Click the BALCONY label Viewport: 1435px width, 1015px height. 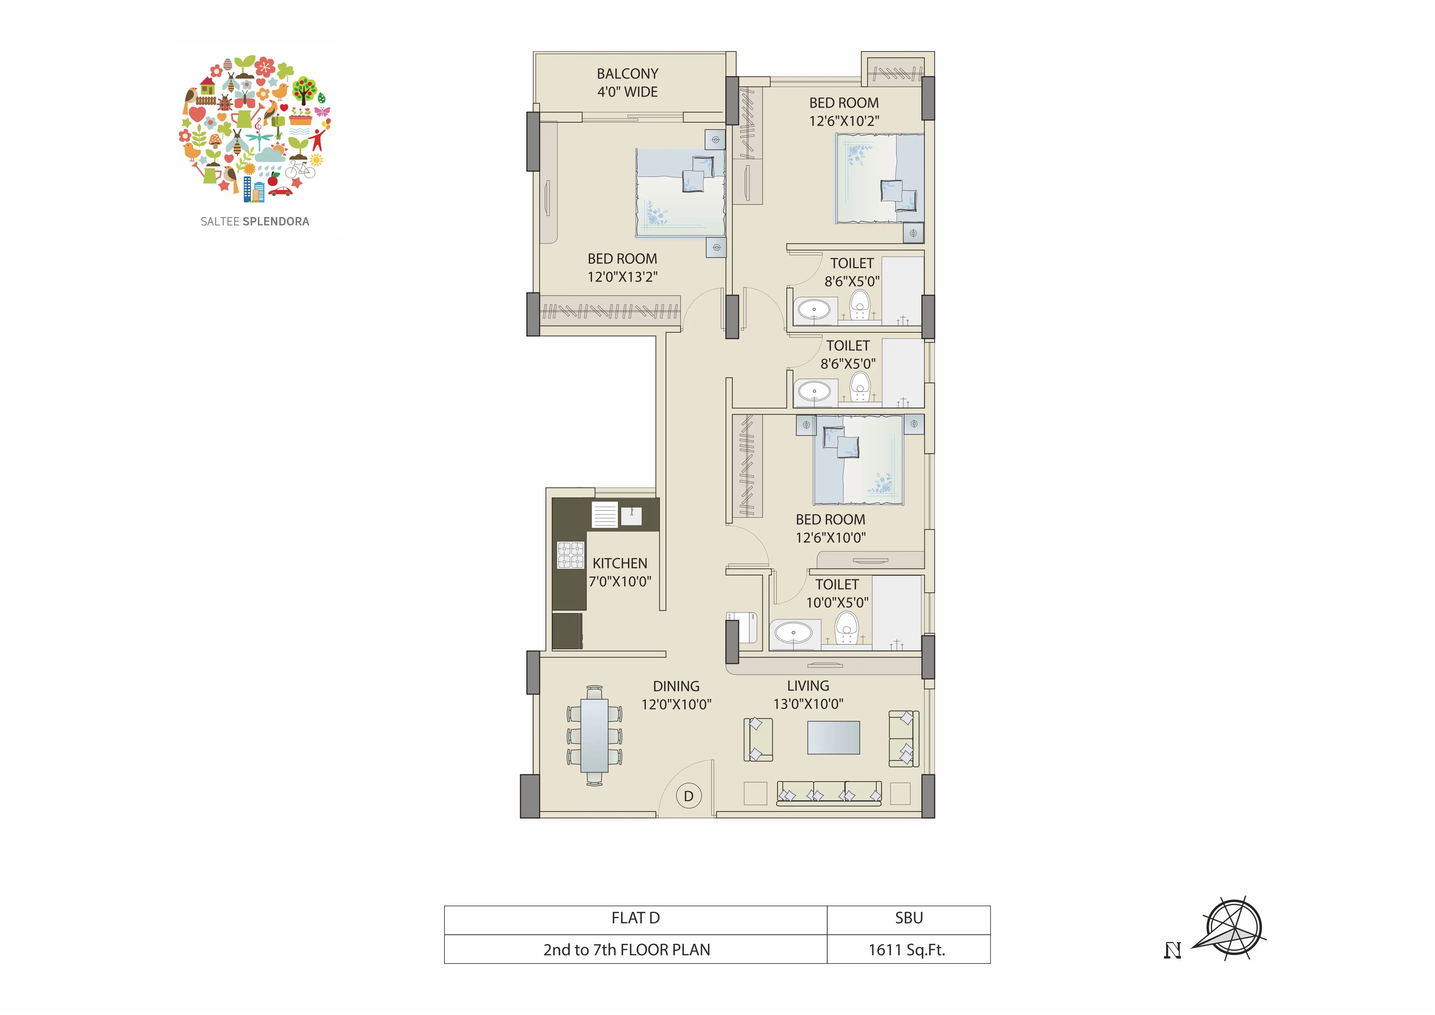[x=628, y=74]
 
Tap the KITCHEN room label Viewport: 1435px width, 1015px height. [x=620, y=563]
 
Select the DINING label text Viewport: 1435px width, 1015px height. [x=676, y=686]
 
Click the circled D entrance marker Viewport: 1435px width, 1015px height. [x=689, y=796]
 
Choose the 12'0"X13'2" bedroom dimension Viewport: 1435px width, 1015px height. [x=623, y=276]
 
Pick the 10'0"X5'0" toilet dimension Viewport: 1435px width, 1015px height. [x=837, y=602]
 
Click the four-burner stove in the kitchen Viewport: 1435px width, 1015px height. [x=571, y=555]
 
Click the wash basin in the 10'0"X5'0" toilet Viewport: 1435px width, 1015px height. [x=794, y=633]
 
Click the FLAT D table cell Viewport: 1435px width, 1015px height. [x=636, y=918]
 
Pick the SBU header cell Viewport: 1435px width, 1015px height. [x=909, y=918]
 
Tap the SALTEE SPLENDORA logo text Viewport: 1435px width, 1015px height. [x=255, y=221]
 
